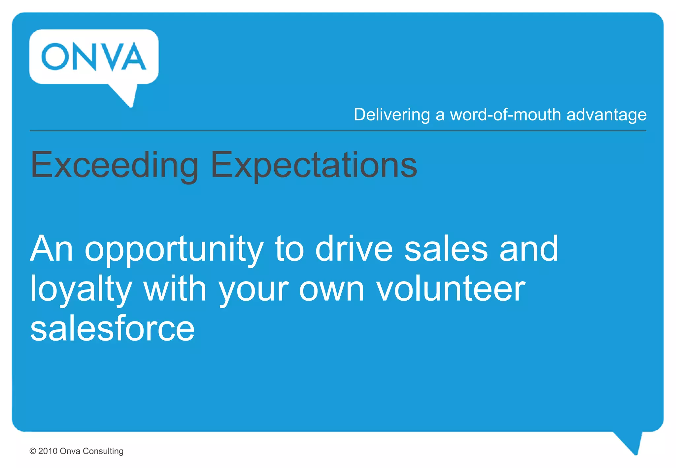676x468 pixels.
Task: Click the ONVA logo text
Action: click(x=94, y=56)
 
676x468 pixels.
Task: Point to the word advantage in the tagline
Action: click(x=606, y=115)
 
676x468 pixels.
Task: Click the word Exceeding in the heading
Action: click(x=114, y=165)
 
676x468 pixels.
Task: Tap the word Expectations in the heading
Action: click(x=314, y=165)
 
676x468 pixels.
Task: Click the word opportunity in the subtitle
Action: click(x=174, y=249)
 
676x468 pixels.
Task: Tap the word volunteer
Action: click(x=451, y=289)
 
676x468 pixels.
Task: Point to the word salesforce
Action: click(x=112, y=329)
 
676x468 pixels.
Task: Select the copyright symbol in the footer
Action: click(x=33, y=451)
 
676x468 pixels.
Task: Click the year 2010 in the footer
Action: click(x=48, y=451)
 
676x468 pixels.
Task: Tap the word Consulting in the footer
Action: click(x=103, y=451)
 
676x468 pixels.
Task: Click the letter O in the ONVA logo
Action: click(x=55, y=56)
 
